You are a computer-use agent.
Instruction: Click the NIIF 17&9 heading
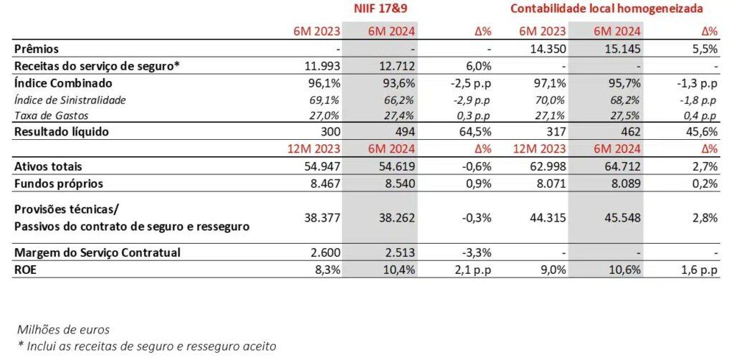(x=379, y=9)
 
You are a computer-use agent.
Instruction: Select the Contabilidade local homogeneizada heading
(x=606, y=9)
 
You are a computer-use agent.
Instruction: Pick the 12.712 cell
(x=398, y=67)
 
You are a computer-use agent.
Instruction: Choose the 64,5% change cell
(x=475, y=132)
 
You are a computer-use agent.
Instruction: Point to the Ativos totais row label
(x=48, y=166)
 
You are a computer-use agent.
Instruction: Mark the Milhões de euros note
(x=64, y=330)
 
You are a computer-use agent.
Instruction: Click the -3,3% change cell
(x=477, y=252)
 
